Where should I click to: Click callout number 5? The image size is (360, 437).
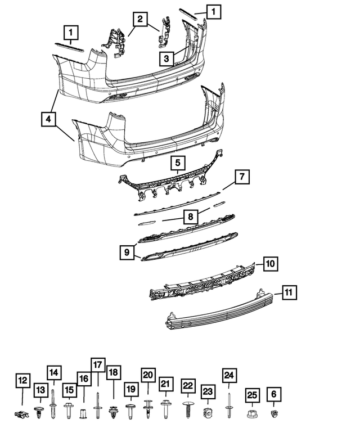click(177, 164)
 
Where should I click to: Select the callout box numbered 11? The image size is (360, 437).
click(289, 292)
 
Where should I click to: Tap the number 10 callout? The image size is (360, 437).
click(271, 263)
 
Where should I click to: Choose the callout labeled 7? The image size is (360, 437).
click(241, 177)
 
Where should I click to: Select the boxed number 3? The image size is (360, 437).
click(165, 57)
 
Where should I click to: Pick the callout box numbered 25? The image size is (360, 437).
click(252, 396)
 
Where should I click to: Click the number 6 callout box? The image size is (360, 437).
click(274, 394)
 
